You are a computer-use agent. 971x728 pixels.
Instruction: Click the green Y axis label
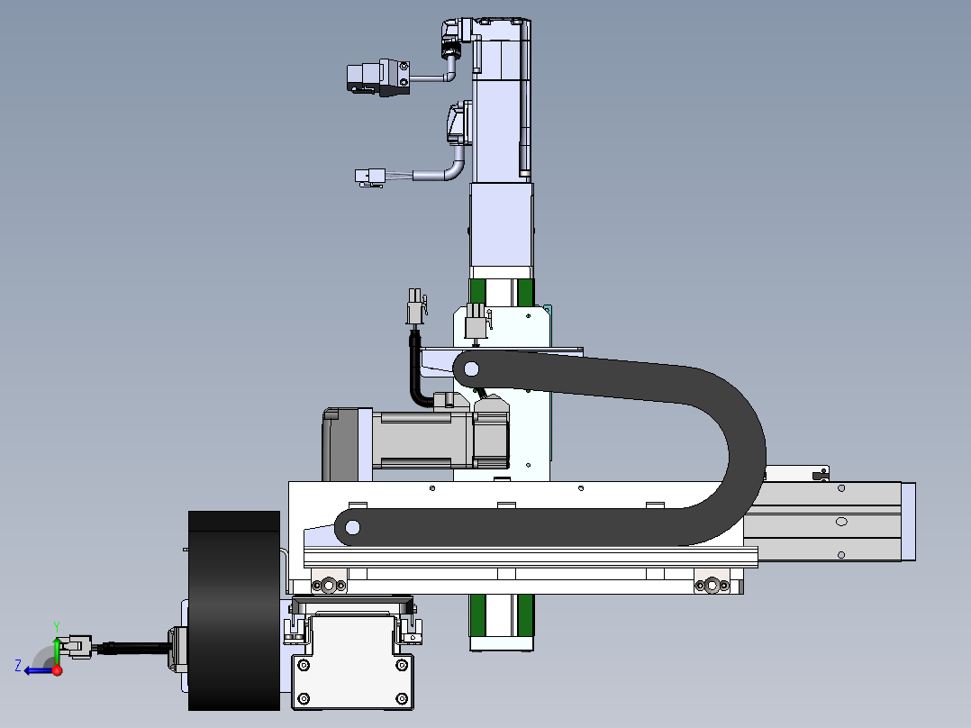[57, 627]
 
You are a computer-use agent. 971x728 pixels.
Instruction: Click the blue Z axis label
[18, 666]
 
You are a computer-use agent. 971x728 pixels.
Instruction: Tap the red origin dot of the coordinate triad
[57, 670]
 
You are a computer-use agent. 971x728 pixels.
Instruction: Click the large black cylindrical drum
[234, 610]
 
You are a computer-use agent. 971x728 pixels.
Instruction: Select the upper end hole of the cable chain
[470, 369]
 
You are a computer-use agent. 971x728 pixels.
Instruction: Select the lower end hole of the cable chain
[352, 528]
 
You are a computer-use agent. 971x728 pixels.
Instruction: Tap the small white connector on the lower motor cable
[370, 177]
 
